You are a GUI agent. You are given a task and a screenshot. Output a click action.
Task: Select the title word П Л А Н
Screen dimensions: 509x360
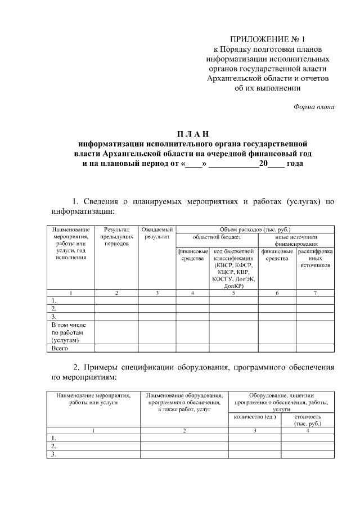click(x=192, y=134)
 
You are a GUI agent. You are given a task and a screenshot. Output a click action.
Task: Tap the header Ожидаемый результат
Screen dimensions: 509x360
click(x=157, y=233)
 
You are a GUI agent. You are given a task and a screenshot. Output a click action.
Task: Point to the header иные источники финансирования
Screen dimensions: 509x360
click(x=296, y=240)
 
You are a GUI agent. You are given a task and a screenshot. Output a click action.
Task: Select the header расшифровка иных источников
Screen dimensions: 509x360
click(x=315, y=258)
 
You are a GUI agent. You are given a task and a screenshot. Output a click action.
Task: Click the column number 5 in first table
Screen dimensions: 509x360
click(x=233, y=293)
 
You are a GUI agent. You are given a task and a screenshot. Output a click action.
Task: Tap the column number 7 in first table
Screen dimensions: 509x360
click(x=315, y=293)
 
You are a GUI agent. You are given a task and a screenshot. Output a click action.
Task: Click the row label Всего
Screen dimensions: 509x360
click(x=60, y=348)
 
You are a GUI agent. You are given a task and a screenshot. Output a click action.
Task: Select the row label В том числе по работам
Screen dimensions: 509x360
click(x=68, y=332)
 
